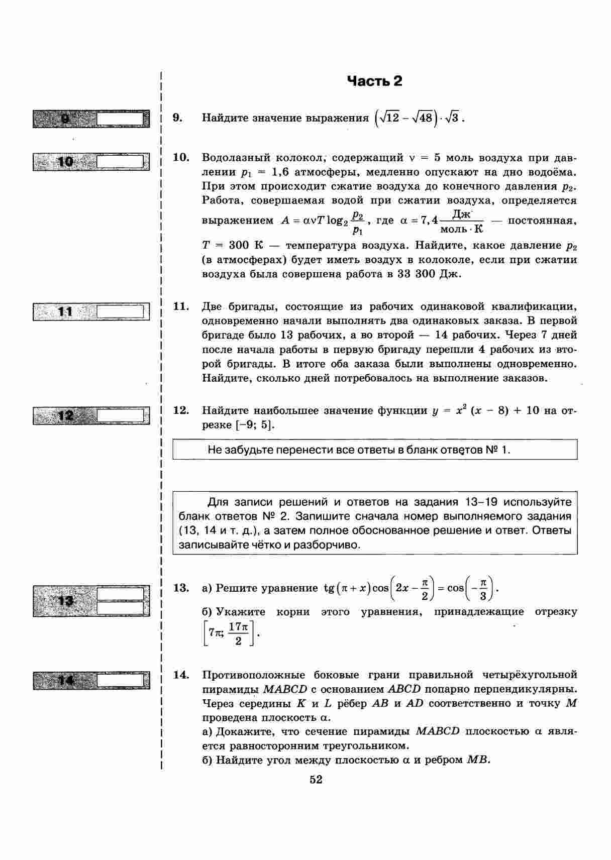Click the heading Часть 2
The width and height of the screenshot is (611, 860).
pos(374,81)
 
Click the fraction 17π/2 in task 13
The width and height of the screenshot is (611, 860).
pos(239,633)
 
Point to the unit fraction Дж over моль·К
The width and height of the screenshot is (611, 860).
pos(461,222)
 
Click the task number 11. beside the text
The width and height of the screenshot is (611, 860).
pos(181,306)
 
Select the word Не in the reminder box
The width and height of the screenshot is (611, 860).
pos(214,450)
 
